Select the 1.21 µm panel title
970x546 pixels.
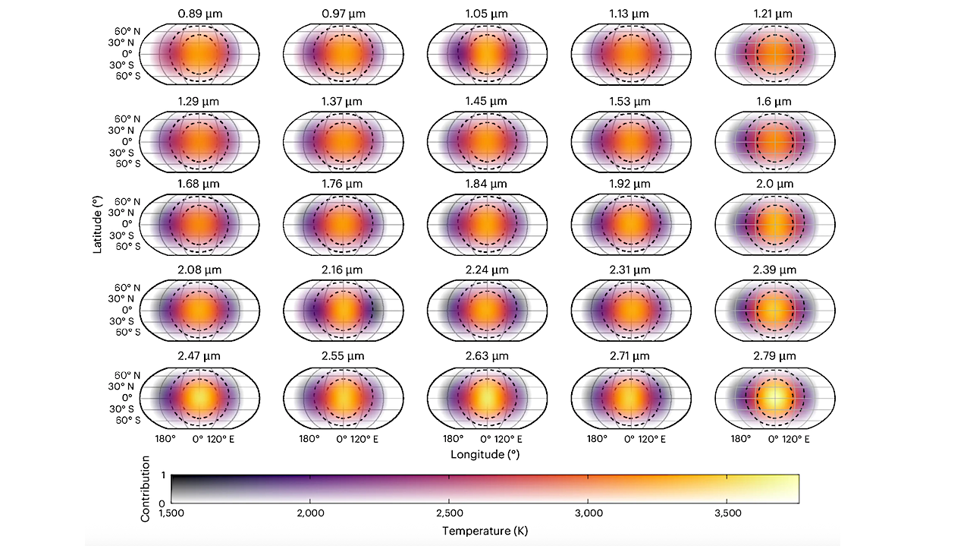(774, 14)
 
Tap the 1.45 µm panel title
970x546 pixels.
(486, 101)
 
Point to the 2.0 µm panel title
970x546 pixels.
(774, 184)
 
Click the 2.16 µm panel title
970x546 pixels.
(342, 270)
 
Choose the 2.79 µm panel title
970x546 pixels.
(774, 355)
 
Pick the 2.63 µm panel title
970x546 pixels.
(486, 355)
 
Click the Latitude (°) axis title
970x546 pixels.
(98, 223)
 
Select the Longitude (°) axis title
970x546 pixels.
(485, 455)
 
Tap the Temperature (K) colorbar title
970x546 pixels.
(485, 531)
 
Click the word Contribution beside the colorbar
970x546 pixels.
(146, 488)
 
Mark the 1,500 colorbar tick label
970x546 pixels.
(171, 513)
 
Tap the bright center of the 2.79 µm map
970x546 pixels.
(774, 396)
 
